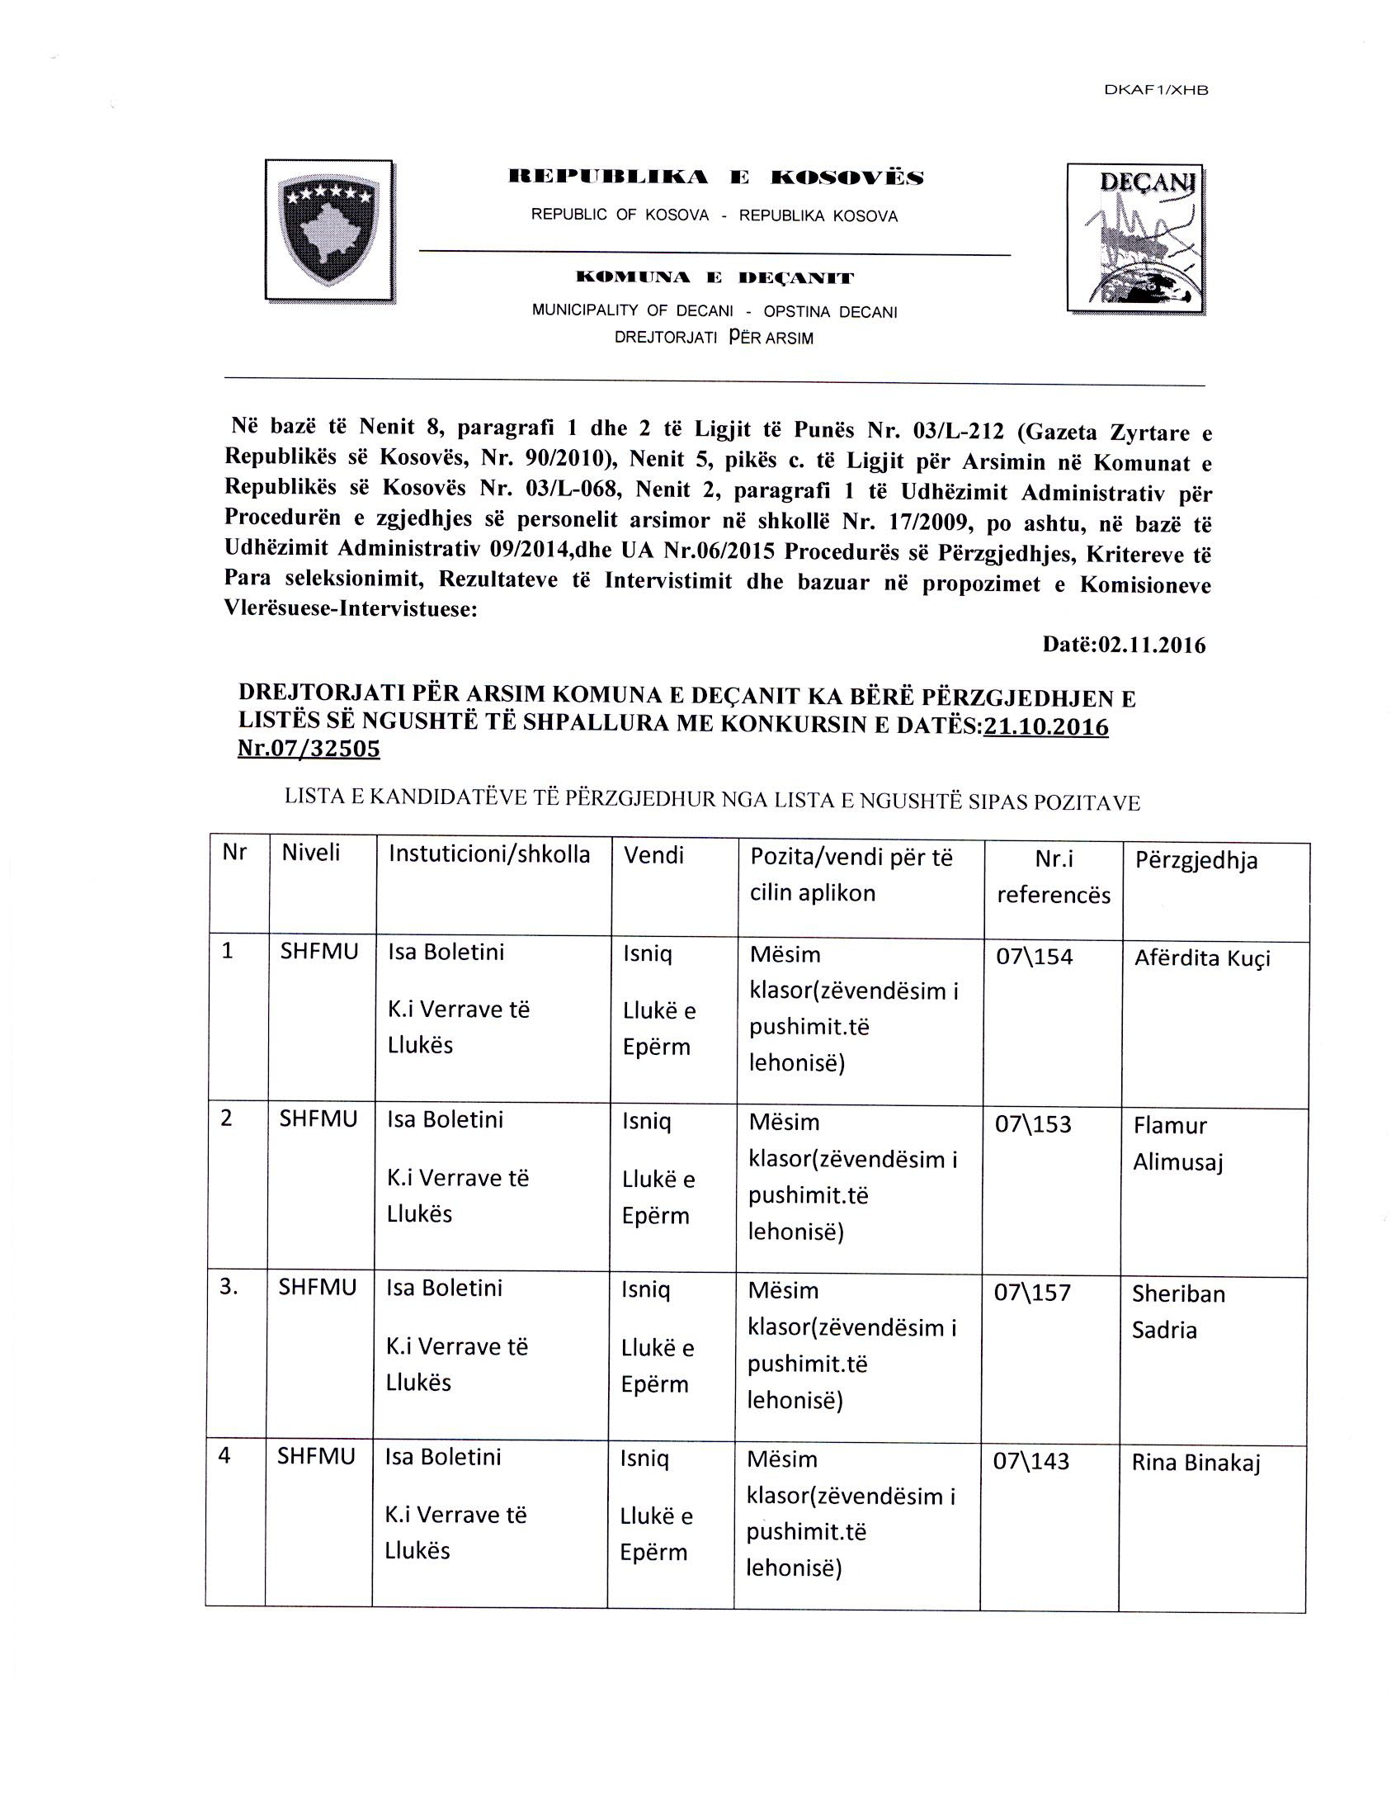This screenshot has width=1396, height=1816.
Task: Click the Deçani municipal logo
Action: pyautogui.click(x=1136, y=239)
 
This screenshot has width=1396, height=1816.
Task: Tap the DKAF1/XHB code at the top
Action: pyautogui.click(x=1155, y=92)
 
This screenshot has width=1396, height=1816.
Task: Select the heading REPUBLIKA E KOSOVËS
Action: pyautogui.click(x=715, y=177)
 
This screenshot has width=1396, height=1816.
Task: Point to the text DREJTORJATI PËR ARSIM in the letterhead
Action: pyautogui.click(x=714, y=338)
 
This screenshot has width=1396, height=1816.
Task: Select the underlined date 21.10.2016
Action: pyautogui.click(x=1045, y=726)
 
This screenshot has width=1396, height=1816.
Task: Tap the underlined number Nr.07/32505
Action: pyautogui.click(x=309, y=749)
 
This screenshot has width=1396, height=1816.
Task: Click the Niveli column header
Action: pyautogui.click(x=311, y=853)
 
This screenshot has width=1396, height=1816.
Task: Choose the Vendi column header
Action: pyautogui.click(x=653, y=855)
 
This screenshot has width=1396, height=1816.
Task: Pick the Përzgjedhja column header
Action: pyautogui.click(x=1196, y=860)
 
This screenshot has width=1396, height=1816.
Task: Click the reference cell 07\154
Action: pyautogui.click(x=1034, y=957)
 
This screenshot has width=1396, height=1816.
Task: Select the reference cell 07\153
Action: pyautogui.click(x=1033, y=1124)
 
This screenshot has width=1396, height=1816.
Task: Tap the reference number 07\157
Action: pyautogui.click(x=1032, y=1293)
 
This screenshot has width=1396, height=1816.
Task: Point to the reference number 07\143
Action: pyautogui.click(x=1030, y=1461)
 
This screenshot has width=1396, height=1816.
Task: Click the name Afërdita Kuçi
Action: pyautogui.click(x=1201, y=958)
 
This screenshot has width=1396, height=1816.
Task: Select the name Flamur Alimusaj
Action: pyautogui.click(x=1177, y=1143)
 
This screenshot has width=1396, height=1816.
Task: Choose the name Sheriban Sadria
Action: pyautogui.click(x=1177, y=1312)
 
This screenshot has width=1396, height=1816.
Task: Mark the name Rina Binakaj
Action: pyautogui.click(x=1196, y=1463)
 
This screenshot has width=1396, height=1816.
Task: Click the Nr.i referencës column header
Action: pyautogui.click(x=1053, y=876)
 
